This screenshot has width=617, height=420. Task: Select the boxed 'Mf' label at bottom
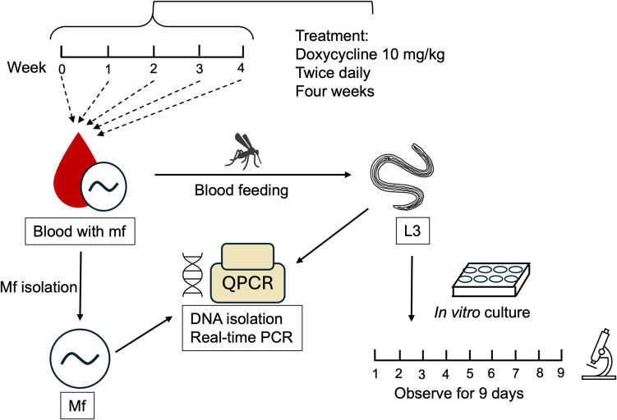75,405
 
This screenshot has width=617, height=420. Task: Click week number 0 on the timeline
62,69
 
